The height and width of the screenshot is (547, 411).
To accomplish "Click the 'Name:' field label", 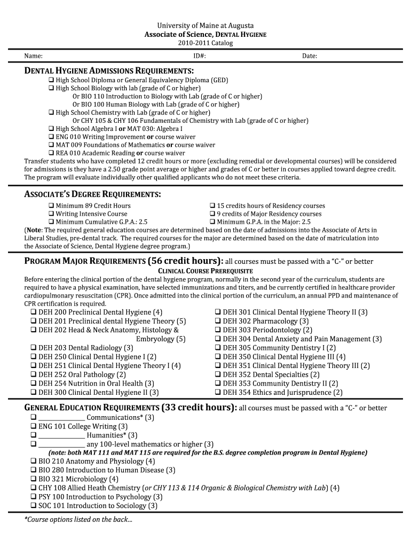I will (34, 56).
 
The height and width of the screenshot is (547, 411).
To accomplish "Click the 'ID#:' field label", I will (200, 56).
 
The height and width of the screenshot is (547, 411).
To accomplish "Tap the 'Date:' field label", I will (310, 56).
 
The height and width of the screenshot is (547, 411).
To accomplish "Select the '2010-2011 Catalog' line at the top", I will (205, 43).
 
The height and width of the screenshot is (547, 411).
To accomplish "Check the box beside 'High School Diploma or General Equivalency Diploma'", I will (51, 80).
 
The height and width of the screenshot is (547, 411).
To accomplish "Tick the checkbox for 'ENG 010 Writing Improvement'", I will (51, 137).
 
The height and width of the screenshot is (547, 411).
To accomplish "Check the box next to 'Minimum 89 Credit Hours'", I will (51, 206).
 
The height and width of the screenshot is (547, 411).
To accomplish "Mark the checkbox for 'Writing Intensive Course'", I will (51, 214).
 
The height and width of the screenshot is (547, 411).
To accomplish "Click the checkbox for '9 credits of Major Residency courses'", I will (212, 214).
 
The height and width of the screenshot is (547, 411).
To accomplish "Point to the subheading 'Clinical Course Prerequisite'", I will (205, 271).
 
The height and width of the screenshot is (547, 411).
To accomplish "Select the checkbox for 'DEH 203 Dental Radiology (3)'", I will (34, 348).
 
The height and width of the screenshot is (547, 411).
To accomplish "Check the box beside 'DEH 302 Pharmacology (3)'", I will (218, 321).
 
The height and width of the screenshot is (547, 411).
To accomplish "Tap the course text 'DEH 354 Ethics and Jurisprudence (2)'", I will (282, 392).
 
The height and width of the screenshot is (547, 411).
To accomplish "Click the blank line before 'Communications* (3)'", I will (61, 418).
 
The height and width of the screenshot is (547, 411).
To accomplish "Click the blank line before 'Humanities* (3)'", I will (61, 435).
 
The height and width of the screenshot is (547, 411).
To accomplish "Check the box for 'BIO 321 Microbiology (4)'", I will (34, 479).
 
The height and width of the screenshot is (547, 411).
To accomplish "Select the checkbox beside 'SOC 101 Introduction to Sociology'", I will (34, 506).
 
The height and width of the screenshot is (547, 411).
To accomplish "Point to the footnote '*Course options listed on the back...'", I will (78, 520).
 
